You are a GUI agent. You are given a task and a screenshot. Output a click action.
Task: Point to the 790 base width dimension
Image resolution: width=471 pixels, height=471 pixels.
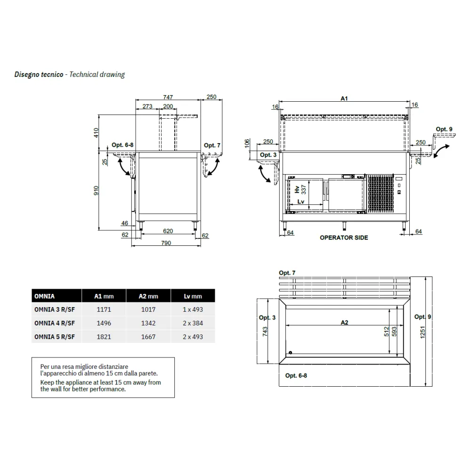point(166,243)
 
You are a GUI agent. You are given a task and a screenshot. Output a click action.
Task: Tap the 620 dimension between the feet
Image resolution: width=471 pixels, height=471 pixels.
point(168,231)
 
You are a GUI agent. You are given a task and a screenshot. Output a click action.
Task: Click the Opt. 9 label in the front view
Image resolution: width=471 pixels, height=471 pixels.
point(444,129)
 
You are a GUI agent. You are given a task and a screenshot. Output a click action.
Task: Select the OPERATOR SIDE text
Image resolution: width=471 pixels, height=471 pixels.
point(344,238)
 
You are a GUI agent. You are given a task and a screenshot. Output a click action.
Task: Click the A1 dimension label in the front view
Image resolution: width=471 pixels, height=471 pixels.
point(344,98)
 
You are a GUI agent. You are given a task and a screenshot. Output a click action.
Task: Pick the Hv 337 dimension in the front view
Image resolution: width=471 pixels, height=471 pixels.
point(300,189)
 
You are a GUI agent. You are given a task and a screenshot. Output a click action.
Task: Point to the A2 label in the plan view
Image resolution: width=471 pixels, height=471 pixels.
point(344,322)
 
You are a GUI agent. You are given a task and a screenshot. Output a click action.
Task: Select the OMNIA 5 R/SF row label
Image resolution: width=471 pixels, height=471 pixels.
point(55,337)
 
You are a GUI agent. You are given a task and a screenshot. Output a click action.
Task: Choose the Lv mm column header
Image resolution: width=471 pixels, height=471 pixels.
point(193,296)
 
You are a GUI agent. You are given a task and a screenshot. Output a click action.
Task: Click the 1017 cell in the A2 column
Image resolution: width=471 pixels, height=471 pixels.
point(148,309)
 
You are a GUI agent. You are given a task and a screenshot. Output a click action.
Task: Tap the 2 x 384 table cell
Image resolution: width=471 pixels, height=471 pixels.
point(193,323)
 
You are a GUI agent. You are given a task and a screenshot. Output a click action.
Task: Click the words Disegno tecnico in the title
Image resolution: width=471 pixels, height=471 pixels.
point(39,74)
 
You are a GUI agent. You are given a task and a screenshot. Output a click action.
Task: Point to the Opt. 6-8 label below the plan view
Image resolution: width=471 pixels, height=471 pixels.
point(296,375)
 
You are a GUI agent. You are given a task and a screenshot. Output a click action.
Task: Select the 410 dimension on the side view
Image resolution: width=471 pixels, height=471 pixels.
point(96,132)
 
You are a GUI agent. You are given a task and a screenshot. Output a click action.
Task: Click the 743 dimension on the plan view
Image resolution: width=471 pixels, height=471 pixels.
point(265,332)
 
